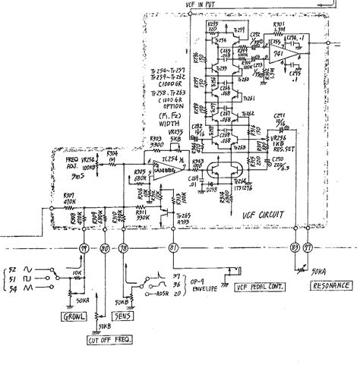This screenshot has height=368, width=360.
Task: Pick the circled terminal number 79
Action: pyautogui.click(x=85, y=249)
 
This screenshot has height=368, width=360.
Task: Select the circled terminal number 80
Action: pyautogui.click(x=104, y=249)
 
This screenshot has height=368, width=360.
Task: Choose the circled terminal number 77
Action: pyautogui.click(x=308, y=249)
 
